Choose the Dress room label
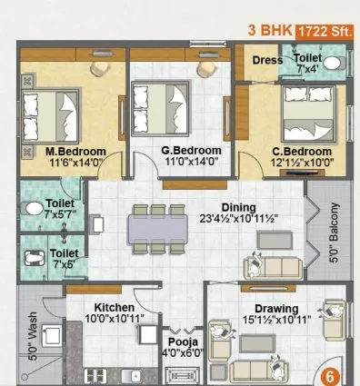point(266,62)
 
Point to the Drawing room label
point(275,309)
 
